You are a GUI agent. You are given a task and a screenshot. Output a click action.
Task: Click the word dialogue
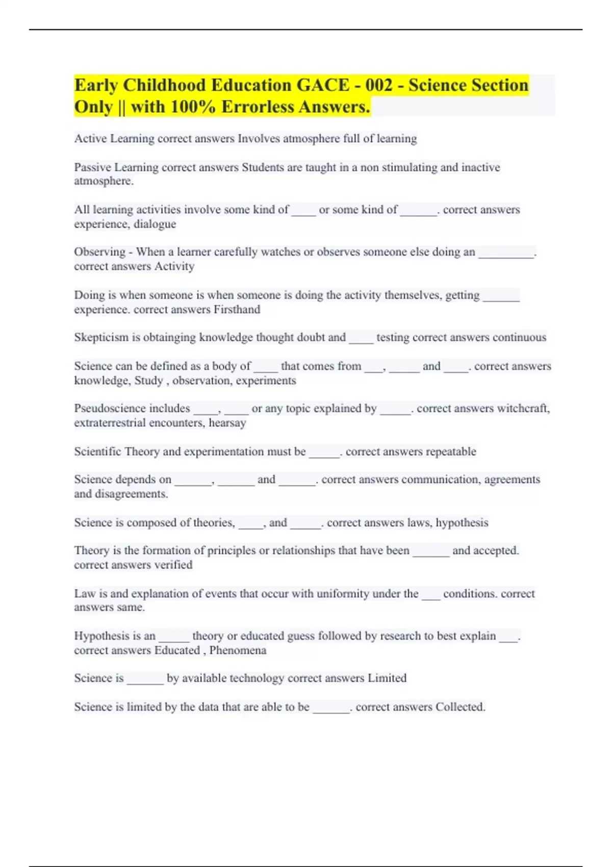tap(155, 224)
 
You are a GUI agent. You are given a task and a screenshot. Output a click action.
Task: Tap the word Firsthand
tap(237, 310)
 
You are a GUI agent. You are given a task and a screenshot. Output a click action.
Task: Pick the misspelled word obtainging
tap(170, 338)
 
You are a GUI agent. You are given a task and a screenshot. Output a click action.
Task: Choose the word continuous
tap(513, 338)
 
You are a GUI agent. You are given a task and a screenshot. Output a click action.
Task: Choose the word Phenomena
tap(238, 650)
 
